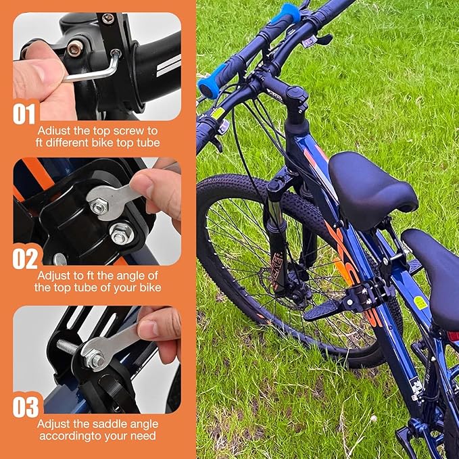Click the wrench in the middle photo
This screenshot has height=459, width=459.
pos(112,198)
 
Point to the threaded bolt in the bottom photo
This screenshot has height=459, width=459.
pos(68,347)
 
